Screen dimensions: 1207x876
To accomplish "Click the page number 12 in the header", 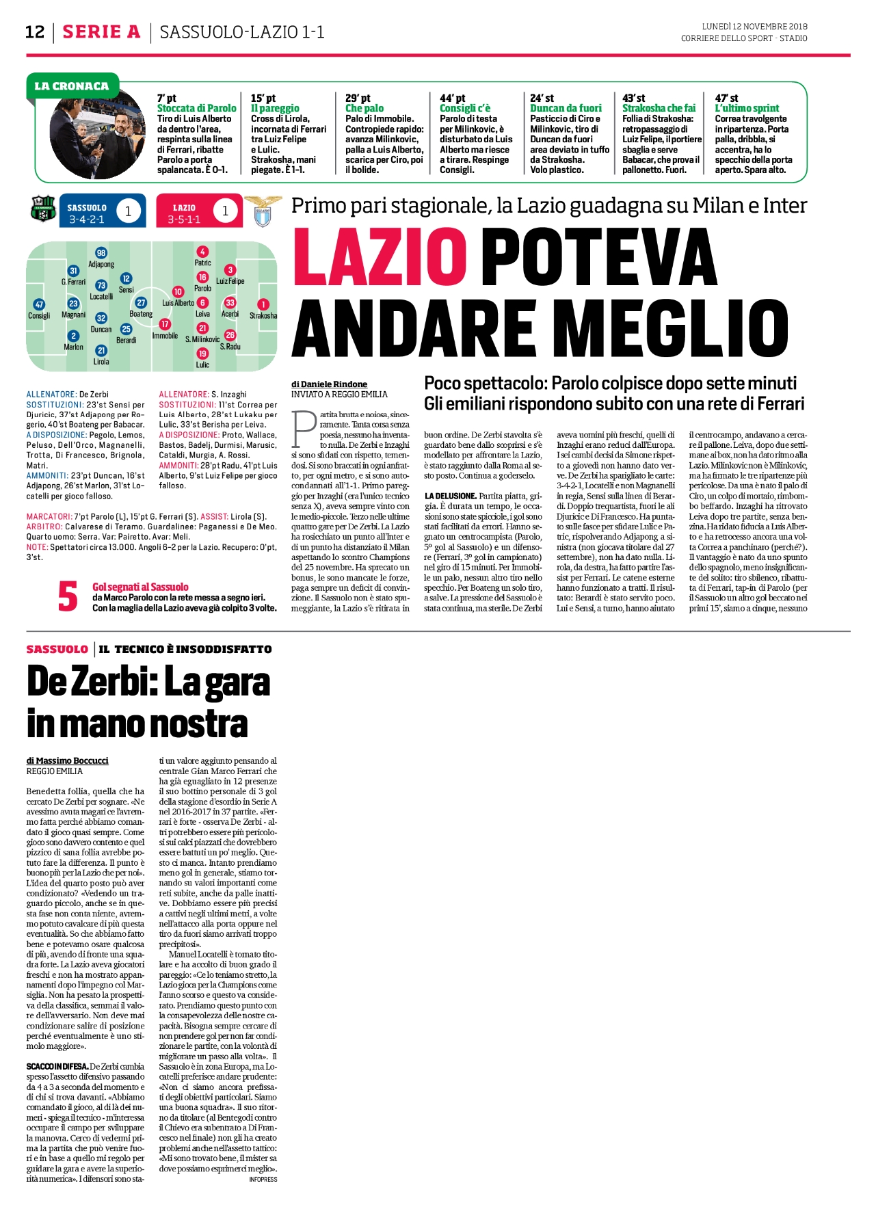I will coord(35,32).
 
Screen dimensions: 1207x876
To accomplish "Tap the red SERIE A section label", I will coord(101,32).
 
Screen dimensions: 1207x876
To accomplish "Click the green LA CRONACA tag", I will coord(72,86).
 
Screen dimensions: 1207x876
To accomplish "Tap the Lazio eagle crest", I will coord(258,211).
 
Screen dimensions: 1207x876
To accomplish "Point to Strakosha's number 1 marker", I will coord(263,304).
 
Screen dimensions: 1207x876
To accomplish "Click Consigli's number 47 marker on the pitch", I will coord(39,305).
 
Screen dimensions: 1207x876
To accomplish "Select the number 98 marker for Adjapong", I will coord(101,253).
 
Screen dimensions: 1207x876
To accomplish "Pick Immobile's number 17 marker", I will coord(165,324).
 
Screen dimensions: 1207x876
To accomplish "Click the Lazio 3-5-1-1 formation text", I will coord(184,220).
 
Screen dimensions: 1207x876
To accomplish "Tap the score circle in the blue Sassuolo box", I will coord(128,211).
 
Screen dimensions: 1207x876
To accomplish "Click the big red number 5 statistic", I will coord(68,596).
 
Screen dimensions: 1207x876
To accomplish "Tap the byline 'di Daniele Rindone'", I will coord(330,384).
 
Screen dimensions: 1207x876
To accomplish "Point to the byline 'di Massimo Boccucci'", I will coord(68,760).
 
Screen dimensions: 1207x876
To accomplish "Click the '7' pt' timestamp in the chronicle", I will coord(167,98).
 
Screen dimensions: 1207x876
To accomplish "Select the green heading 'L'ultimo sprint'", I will coord(747,108).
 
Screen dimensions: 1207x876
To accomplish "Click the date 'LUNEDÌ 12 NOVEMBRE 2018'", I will coord(745,27).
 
